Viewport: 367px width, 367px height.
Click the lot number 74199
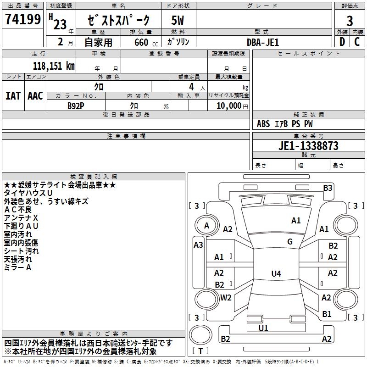(x=22, y=19)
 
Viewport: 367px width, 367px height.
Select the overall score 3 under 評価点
(x=350, y=21)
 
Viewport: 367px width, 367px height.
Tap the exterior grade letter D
(x=342, y=42)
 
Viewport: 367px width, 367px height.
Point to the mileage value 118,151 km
(x=54, y=66)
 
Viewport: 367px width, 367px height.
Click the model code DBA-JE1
(x=262, y=42)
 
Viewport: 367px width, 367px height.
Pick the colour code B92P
(x=76, y=105)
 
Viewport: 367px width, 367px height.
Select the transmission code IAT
(x=13, y=95)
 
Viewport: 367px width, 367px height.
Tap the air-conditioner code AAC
(x=35, y=95)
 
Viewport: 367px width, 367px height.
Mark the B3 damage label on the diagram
(x=328, y=188)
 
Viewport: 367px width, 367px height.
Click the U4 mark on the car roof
(x=276, y=274)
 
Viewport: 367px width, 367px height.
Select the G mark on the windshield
(x=289, y=242)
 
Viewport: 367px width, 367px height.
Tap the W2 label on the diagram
(x=226, y=297)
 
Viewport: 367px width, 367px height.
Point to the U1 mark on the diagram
(x=263, y=328)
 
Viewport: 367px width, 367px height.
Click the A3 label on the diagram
(x=198, y=245)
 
